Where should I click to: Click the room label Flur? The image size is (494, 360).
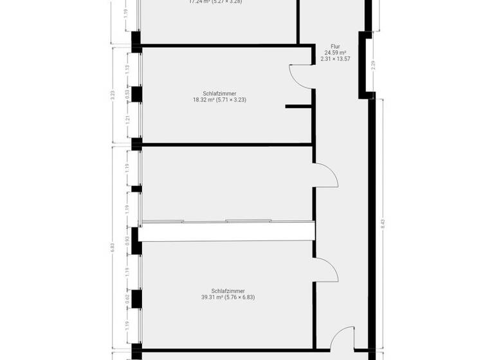point(335,46)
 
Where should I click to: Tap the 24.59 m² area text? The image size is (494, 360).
point(335,53)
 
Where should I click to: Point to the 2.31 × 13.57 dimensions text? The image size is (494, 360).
point(335,59)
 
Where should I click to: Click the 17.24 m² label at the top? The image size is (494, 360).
point(215,2)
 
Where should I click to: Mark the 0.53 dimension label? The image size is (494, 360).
point(127,93)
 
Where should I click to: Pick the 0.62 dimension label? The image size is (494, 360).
point(127,297)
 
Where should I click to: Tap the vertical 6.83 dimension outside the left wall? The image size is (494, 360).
point(113,248)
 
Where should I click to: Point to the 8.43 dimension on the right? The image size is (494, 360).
point(383,224)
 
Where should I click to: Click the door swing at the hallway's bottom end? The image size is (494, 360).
point(345,337)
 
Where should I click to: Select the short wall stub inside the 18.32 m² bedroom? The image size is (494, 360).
point(298,107)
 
